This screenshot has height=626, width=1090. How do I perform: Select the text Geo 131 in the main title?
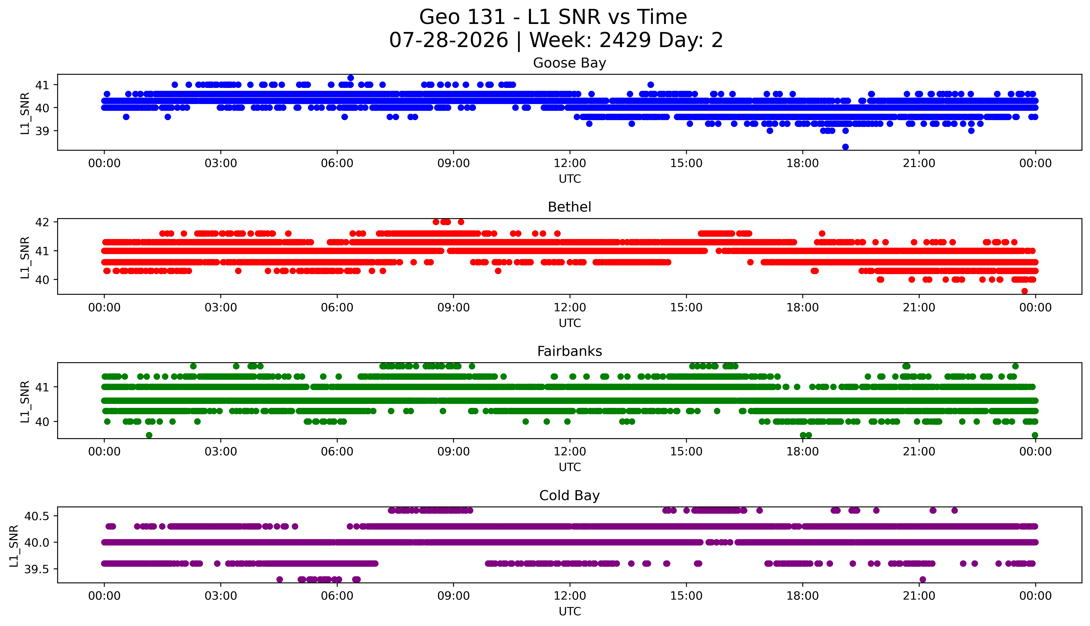(x=462, y=17)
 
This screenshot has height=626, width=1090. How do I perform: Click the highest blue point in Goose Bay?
(x=351, y=78)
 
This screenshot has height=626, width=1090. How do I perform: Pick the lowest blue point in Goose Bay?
(x=845, y=147)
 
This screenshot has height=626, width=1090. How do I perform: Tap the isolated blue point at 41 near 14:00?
(x=650, y=85)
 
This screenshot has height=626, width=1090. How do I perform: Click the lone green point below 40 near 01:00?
(x=149, y=435)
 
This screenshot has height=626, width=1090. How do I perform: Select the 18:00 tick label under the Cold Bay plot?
(x=803, y=596)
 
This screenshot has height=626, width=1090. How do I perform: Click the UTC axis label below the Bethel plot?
(x=570, y=323)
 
